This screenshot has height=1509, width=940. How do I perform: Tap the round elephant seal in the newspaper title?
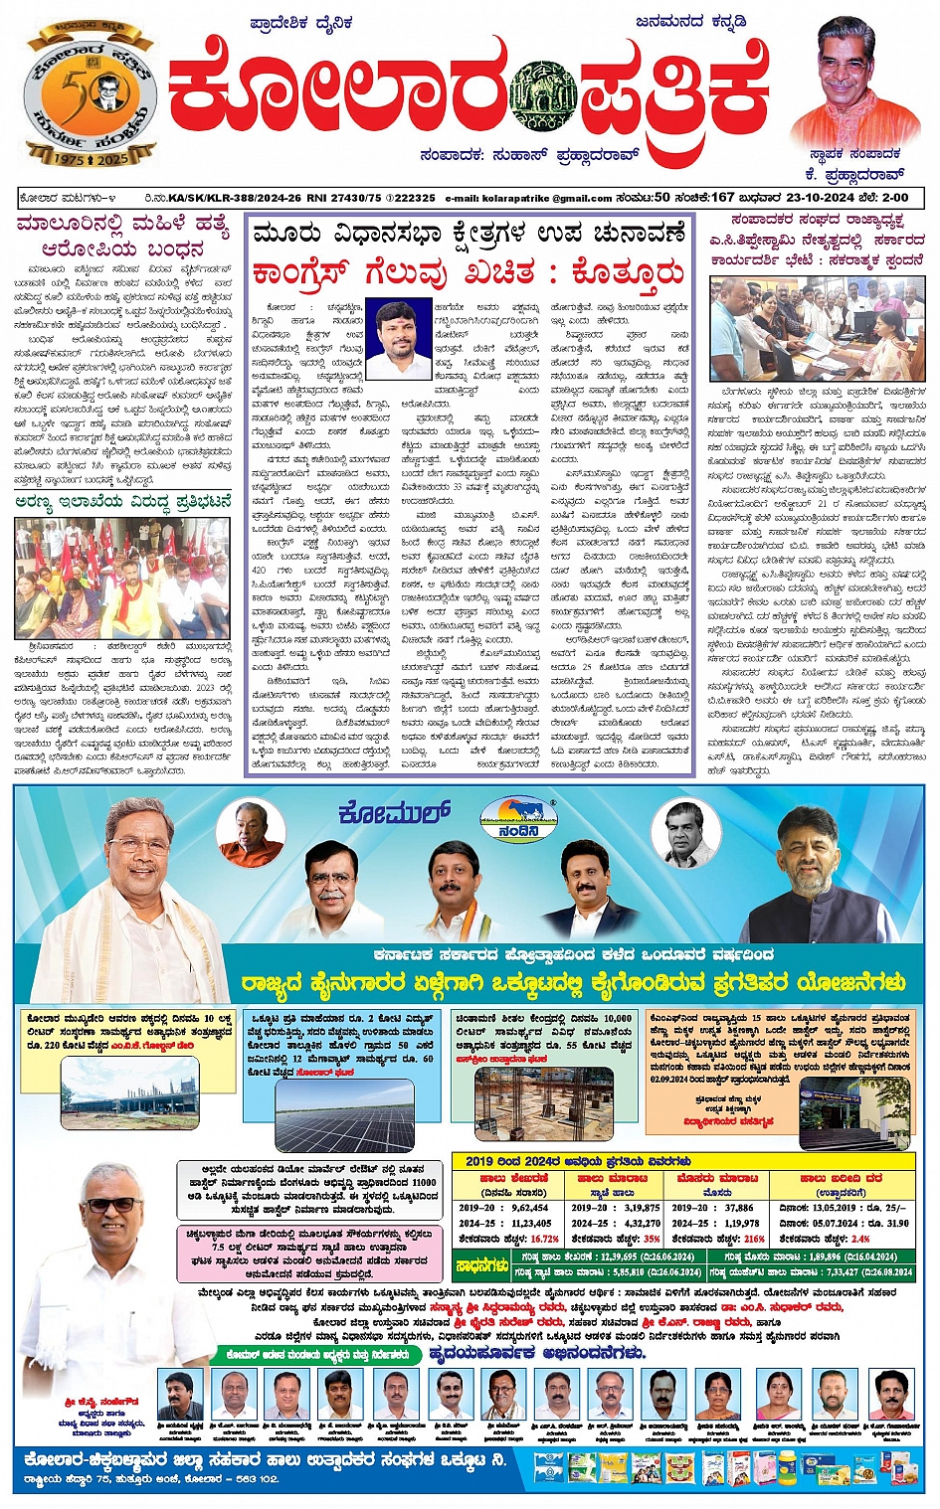coord(542,97)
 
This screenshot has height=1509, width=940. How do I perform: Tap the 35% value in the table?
coord(652,1239)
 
